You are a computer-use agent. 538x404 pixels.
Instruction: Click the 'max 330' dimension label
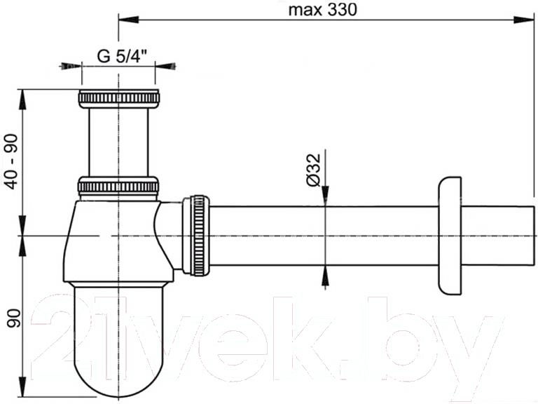(x=322, y=10)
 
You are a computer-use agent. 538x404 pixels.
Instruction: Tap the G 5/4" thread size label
(x=122, y=56)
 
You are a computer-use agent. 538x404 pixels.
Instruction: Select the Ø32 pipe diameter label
(x=314, y=170)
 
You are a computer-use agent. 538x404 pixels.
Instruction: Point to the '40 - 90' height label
(x=13, y=161)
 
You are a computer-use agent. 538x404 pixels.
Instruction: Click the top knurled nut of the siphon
(x=118, y=99)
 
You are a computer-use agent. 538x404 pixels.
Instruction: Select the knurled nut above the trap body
(x=118, y=187)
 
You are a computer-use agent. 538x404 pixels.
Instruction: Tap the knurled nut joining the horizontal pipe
(x=196, y=236)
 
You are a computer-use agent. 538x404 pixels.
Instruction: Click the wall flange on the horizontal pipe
(x=450, y=236)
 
